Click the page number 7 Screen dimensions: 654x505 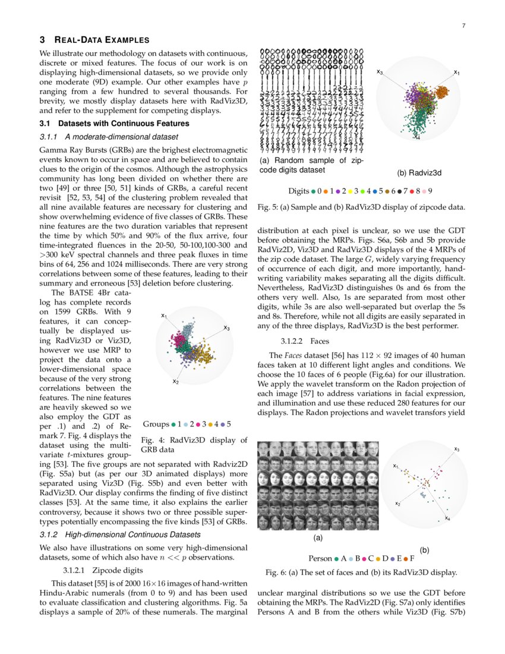pos(463,26)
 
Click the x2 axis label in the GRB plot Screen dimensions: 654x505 pos(175,381)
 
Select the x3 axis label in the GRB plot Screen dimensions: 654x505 pos(227,328)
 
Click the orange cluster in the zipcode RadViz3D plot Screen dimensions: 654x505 pos(443,92)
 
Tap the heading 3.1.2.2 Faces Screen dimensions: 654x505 pos(303,342)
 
